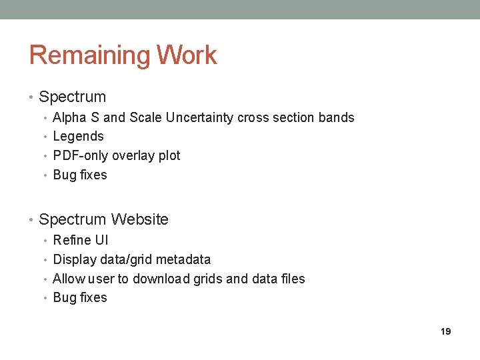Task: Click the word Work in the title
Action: click(188, 55)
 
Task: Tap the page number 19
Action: click(446, 331)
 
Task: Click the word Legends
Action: click(78, 136)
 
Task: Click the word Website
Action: click(139, 219)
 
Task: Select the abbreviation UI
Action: click(101, 240)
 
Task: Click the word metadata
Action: click(181, 259)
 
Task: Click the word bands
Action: click(337, 117)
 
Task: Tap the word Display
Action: click(74, 259)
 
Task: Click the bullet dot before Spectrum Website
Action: click(32, 220)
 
